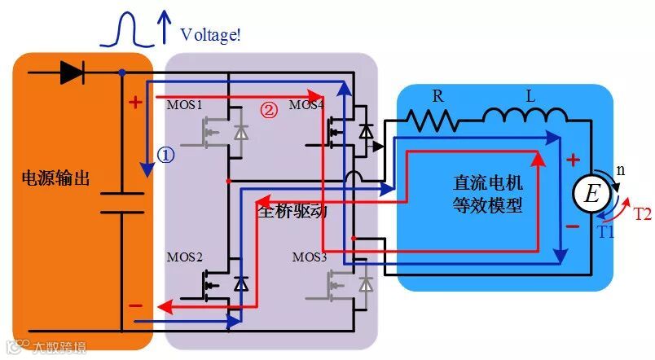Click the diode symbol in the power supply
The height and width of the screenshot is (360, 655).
[x=73, y=73]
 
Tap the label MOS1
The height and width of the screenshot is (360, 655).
[x=184, y=106]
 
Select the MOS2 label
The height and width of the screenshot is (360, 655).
[x=185, y=257]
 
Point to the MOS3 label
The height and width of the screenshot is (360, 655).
[x=310, y=257]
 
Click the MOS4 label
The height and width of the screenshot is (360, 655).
[x=306, y=106]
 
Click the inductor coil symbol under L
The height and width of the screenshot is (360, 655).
[x=521, y=121]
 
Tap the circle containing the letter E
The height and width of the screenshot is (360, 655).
[x=591, y=193]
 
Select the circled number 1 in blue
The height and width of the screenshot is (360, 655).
[x=166, y=156]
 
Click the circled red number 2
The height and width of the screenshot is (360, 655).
[x=268, y=109]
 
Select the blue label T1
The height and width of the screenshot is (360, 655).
[x=605, y=230]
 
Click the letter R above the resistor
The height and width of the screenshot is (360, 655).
[x=437, y=96]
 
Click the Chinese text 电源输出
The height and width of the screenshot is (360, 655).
[x=56, y=179]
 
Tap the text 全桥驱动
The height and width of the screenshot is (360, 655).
[x=292, y=211]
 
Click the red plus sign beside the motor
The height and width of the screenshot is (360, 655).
[x=573, y=160]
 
